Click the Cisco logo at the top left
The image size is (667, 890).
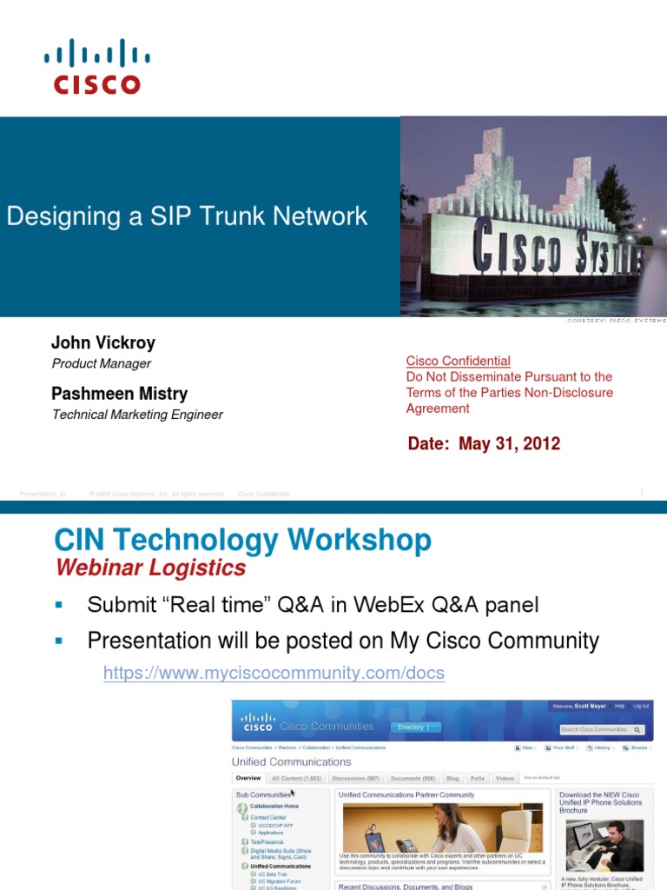[x=96, y=66]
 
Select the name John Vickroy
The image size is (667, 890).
[x=103, y=342]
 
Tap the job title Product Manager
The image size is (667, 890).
[x=102, y=364]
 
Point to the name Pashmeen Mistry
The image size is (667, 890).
[x=119, y=394]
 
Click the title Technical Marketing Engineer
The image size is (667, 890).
[x=137, y=415]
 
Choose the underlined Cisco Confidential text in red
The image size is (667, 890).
[x=459, y=361]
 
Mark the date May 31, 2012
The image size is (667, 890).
[x=510, y=444]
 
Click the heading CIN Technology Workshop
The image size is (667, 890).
[x=242, y=541]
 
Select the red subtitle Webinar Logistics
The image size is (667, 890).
[x=150, y=568]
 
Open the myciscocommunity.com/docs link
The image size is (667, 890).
[x=274, y=673]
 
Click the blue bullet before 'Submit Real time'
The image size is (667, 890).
[x=59, y=604]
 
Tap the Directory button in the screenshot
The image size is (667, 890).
[x=415, y=727]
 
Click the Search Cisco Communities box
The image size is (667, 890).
[x=601, y=730]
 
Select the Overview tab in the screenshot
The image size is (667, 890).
[x=248, y=779]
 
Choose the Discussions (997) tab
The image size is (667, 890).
[x=355, y=779]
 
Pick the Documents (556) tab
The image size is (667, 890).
[x=413, y=779]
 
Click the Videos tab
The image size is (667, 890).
[x=505, y=779]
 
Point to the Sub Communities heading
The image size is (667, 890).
[x=264, y=794]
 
